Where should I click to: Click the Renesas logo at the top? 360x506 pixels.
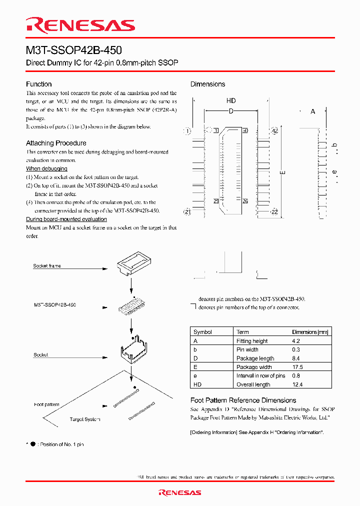80,25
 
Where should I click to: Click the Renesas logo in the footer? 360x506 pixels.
179,492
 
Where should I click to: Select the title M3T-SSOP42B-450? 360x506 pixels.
73,51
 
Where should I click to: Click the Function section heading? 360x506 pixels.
38,84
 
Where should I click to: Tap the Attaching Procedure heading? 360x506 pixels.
56,143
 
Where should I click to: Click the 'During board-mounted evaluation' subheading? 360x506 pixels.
66,219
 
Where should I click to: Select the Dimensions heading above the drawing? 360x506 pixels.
207,84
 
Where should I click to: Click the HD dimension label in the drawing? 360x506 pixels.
231,101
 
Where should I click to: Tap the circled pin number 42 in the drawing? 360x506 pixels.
274,131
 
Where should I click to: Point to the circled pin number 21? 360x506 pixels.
187,212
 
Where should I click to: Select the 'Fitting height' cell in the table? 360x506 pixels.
252,341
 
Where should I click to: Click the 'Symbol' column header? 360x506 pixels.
202,332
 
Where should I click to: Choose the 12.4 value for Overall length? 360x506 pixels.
297,384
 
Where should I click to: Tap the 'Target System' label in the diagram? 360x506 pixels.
85,419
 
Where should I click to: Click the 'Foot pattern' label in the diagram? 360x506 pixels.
46,404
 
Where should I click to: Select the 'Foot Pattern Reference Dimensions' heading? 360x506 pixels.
243,400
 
